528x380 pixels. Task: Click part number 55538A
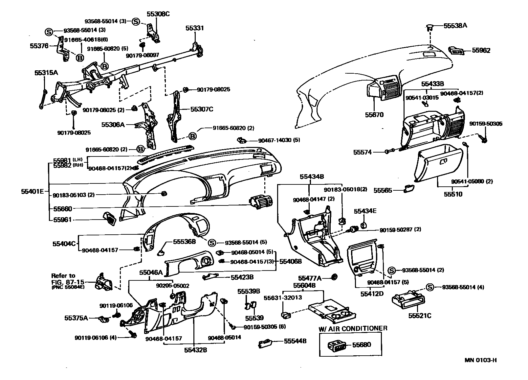pos(455,25)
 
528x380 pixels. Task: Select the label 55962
pos(481,50)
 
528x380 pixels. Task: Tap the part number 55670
pos(374,115)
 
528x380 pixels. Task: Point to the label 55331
pos(194,28)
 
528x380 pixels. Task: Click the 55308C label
pos(158,14)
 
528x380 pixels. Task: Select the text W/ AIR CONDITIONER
pos(353,328)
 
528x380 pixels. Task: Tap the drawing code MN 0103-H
pos(480,360)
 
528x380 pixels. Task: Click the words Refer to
pos(63,275)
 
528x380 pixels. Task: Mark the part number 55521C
pos(420,316)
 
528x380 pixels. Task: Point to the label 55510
pos(453,194)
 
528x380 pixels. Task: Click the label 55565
pos(383,190)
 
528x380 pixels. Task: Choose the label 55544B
pos(295,341)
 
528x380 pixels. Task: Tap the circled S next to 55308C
pos(136,22)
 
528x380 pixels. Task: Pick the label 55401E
pos(33,191)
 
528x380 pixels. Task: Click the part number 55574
pos(363,152)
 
